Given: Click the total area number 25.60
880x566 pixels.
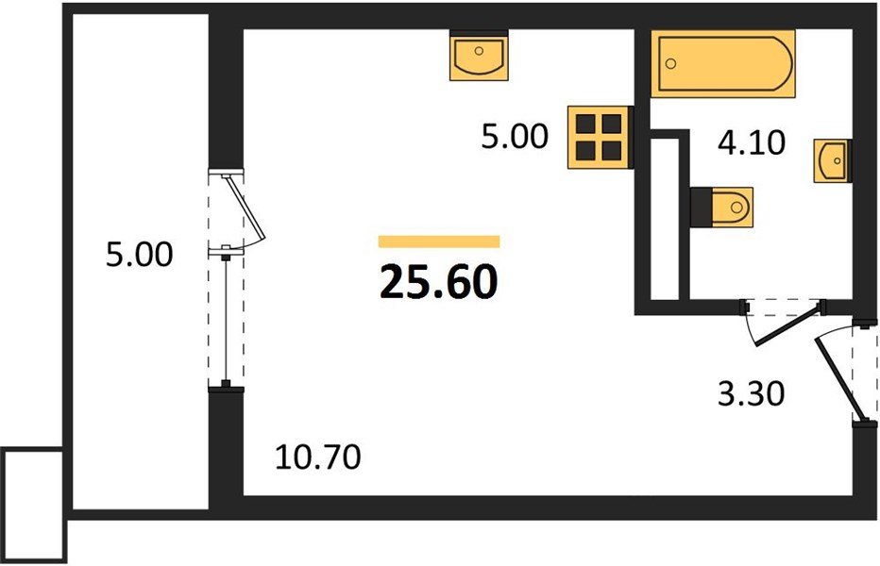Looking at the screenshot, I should [x=438, y=281].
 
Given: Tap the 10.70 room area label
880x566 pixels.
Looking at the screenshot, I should [x=318, y=459].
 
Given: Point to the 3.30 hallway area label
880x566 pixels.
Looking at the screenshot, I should [x=751, y=393].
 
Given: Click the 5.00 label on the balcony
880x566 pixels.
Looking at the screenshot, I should [x=139, y=255].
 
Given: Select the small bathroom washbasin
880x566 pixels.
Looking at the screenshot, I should [x=832, y=159].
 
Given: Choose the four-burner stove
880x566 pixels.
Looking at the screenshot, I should [x=599, y=137].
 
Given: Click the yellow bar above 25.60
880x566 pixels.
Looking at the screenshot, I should [x=438, y=241].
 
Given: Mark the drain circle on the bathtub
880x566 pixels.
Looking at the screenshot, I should [x=671, y=63].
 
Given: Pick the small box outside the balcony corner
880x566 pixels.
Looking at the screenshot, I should [x=33, y=505].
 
